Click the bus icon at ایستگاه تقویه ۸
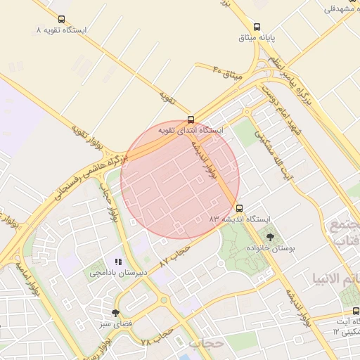(61, 20)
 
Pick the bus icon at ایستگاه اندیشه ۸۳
(240, 208)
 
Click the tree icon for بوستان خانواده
(270, 238)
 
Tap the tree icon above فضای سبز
(115, 313)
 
